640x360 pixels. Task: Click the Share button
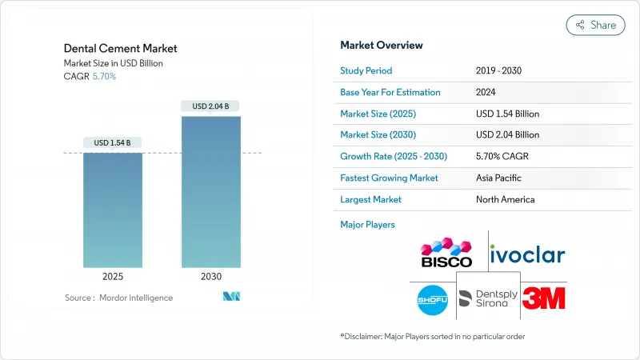click(x=595, y=25)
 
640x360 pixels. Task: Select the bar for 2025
click(x=113, y=210)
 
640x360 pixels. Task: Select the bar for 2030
click(x=210, y=192)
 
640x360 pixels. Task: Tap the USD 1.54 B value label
click(x=113, y=143)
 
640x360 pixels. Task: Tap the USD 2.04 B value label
click(x=210, y=106)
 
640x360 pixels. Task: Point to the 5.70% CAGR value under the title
click(x=104, y=77)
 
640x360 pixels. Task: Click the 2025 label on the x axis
click(x=113, y=277)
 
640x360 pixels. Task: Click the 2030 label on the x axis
click(x=210, y=277)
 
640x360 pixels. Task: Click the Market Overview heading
click(x=382, y=45)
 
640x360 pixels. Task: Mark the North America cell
click(x=505, y=199)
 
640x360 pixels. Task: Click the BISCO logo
click(x=446, y=251)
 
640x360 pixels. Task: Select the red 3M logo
click(x=543, y=298)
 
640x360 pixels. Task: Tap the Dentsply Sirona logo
click(x=488, y=299)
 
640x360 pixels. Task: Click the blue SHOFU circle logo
click(x=433, y=299)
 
